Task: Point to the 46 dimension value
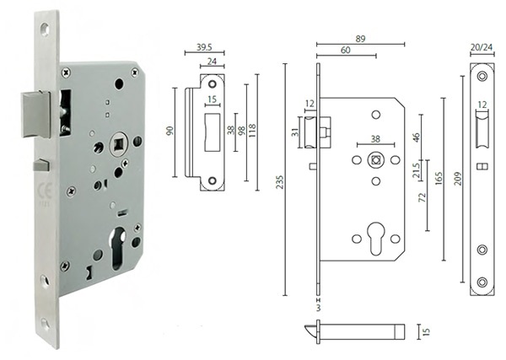[x=416, y=135]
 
